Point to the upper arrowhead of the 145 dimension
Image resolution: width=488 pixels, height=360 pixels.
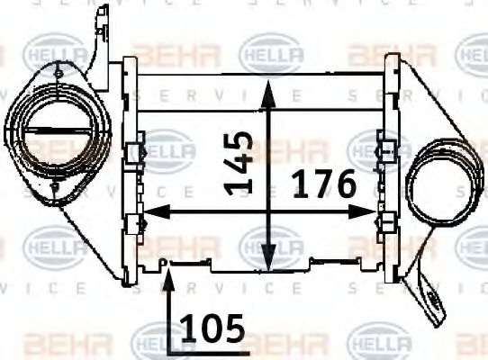click(x=267, y=86)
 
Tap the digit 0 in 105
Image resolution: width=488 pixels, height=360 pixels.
click(x=212, y=330)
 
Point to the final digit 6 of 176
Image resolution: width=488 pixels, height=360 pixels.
click(x=346, y=185)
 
